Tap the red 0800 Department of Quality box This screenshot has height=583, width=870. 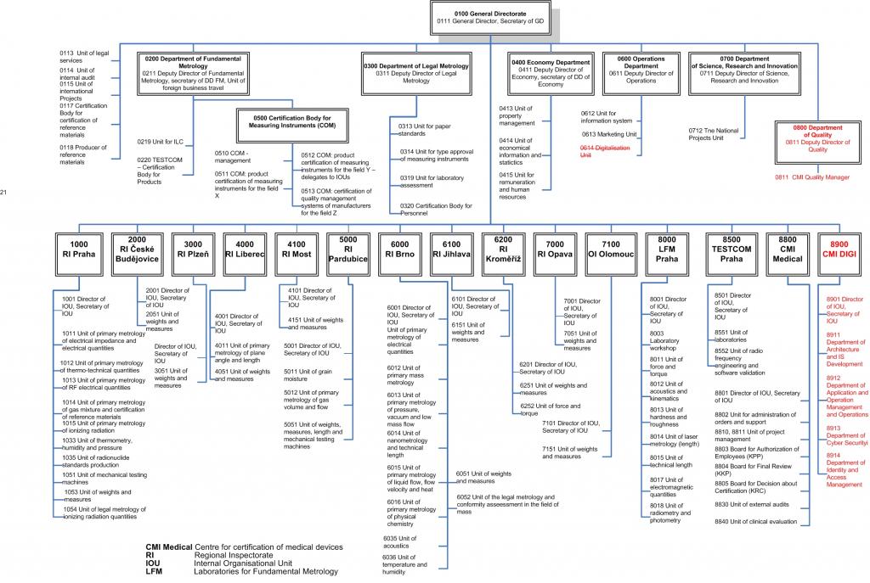pos(817,138)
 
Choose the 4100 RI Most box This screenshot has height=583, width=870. pos(293,248)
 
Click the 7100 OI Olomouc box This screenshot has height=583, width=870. pos(610,248)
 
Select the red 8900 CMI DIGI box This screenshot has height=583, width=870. pos(840,248)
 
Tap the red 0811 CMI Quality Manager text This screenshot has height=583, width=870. pos(811,177)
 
